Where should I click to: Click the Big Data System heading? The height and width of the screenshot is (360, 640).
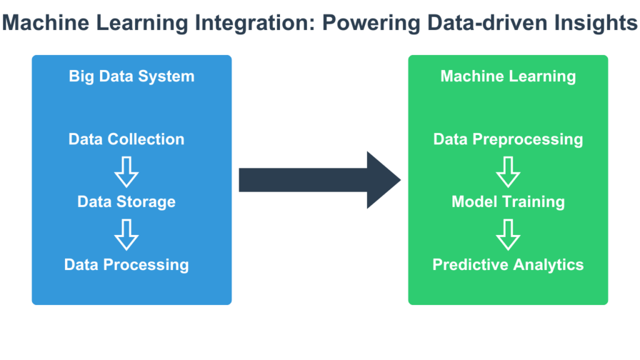click(131, 77)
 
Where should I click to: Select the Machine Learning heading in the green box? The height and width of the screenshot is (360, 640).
click(507, 77)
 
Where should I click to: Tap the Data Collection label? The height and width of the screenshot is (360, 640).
click(126, 139)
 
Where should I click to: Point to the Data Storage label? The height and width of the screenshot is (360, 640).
click(126, 202)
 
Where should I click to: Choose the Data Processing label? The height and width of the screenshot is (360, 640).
click(126, 265)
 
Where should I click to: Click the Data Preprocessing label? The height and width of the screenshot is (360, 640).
click(507, 139)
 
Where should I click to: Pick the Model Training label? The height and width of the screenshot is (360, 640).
click(507, 202)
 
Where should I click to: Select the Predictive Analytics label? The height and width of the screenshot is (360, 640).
click(507, 265)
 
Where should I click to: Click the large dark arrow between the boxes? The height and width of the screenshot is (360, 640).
click(319, 180)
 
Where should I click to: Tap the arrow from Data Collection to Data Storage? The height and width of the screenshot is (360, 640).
click(126, 172)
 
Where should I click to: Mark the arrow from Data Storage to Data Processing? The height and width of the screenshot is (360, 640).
click(126, 235)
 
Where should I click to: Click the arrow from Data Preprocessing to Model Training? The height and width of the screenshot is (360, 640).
click(507, 172)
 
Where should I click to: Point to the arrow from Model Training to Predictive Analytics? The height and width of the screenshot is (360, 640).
click(507, 235)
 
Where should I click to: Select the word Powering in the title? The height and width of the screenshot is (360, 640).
click(371, 23)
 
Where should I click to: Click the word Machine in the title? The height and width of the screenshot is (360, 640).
click(46, 22)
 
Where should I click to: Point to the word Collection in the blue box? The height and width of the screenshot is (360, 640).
click(146, 139)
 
